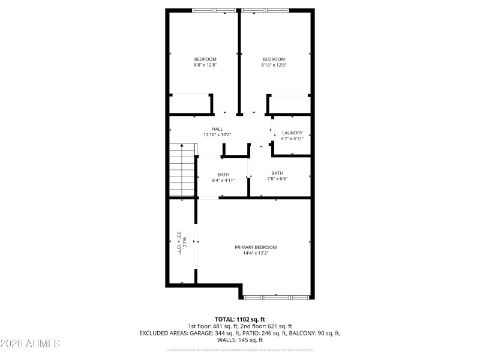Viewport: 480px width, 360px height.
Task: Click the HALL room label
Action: [x=217, y=129]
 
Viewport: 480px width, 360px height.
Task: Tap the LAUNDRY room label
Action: [x=292, y=133]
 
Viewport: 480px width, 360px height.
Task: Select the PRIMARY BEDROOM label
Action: [x=256, y=247]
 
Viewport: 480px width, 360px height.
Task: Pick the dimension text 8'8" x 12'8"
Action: [x=205, y=65]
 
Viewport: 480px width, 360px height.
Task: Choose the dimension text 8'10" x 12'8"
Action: [x=274, y=65]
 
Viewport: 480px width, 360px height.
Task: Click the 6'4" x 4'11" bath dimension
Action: [x=223, y=179]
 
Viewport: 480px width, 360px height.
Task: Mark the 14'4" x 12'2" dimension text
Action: [x=256, y=253]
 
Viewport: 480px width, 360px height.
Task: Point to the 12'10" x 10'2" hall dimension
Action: [x=217, y=135]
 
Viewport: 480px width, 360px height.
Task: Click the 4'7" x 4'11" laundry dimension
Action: [x=292, y=139]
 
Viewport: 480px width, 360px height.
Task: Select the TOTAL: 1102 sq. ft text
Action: [x=240, y=319]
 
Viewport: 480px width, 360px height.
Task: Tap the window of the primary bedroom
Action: [x=277, y=296]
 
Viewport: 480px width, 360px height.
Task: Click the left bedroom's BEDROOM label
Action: [x=205, y=59]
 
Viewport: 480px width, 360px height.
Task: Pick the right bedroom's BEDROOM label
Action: [x=274, y=59]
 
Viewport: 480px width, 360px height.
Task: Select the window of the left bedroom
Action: [x=214, y=10]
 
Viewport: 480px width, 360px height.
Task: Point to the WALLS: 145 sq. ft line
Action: [x=240, y=340]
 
